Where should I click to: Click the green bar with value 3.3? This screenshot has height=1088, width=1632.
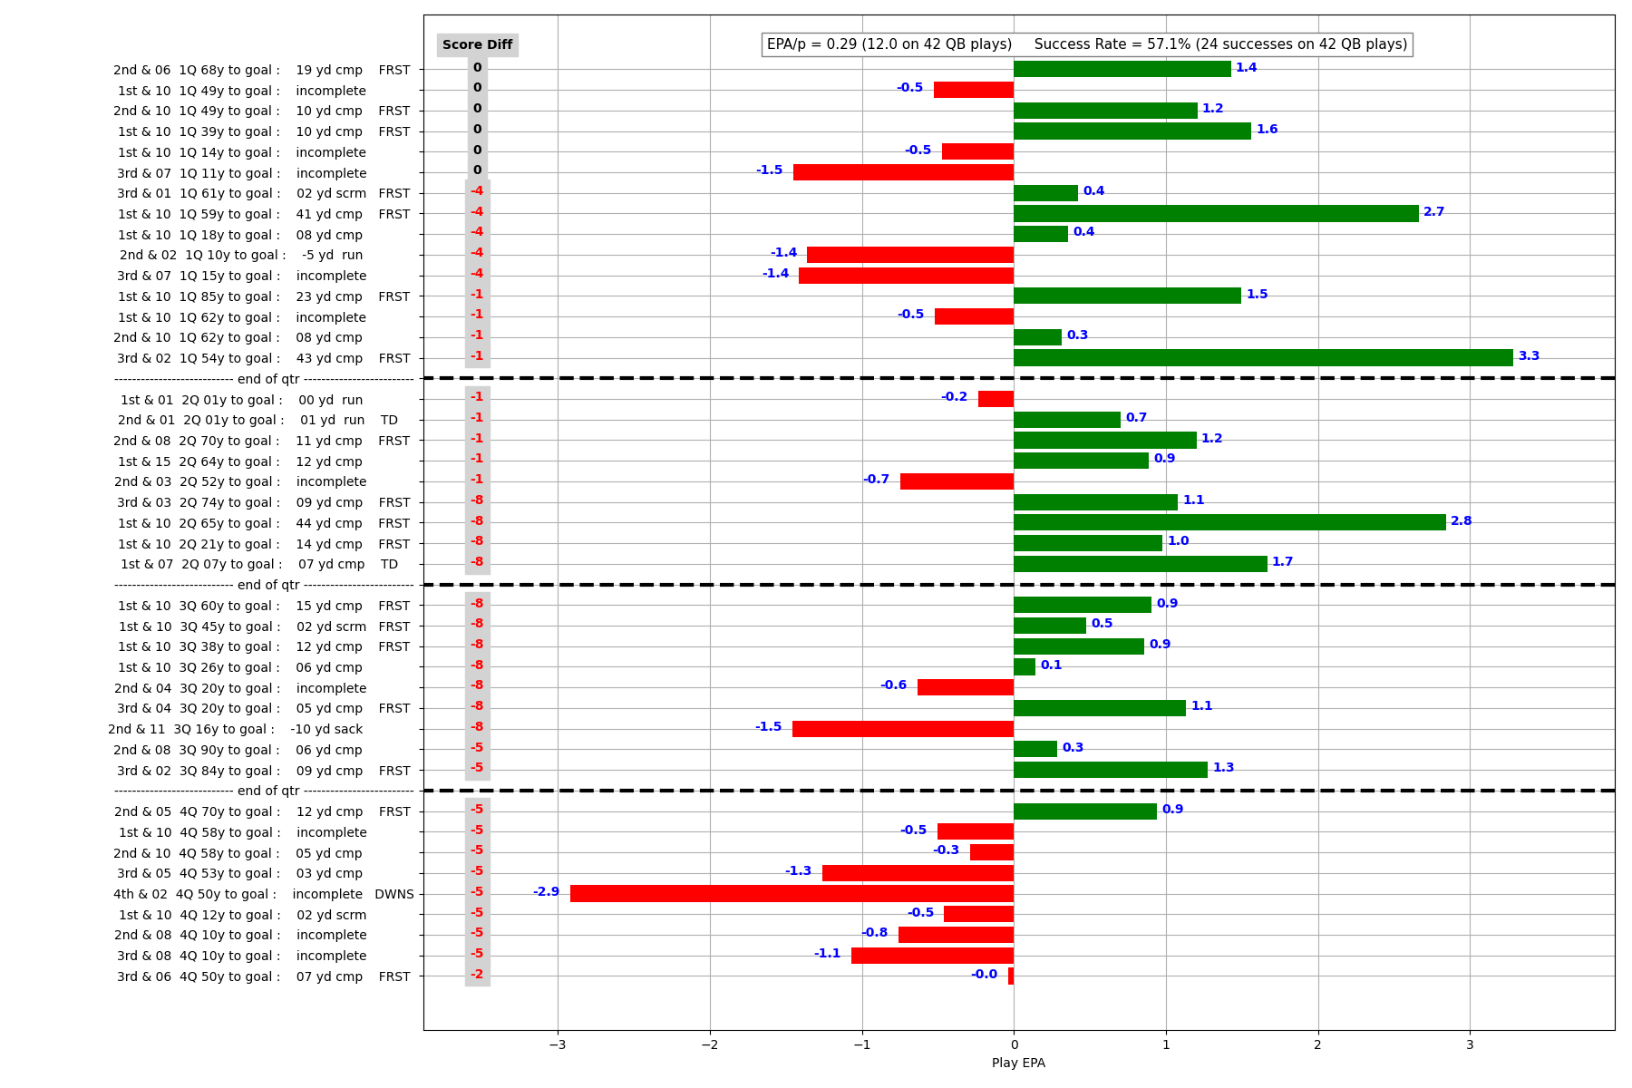tap(1263, 358)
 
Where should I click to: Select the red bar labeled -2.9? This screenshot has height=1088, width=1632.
tap(792, 894)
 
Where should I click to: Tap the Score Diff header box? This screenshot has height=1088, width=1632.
tap(477, 45)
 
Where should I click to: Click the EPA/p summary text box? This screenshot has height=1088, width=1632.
tap(1086, 44)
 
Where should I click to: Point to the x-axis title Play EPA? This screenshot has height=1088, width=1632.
tap(1018, 1063)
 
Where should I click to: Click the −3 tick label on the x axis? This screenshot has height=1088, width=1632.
tap(557, 1044)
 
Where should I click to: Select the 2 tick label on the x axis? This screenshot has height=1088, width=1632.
tap(1317, 1044)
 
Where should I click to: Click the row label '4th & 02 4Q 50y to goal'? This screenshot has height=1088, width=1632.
tap(263, 895)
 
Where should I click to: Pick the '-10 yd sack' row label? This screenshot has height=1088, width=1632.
tap(236, 730)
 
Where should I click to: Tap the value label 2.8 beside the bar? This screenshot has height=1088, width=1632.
tap(1461, 521)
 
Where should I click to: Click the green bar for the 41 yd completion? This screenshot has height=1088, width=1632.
tap(1216, 214)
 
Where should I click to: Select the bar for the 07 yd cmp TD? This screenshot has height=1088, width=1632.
tap(1140, 564)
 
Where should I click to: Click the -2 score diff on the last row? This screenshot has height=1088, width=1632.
tap(477, 975)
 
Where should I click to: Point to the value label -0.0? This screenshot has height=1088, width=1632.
tap(984, 975)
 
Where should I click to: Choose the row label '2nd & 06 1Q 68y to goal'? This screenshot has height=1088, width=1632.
tap(261, 71)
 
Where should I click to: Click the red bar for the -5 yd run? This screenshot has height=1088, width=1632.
tap(910, 255)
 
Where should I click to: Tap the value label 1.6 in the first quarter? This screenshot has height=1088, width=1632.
tap(1267, 130)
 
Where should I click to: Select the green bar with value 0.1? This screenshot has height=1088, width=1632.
tap(1025, 667)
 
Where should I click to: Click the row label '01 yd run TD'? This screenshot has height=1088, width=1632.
tap(257, 421)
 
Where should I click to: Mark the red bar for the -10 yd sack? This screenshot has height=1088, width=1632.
tap(903, 729)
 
